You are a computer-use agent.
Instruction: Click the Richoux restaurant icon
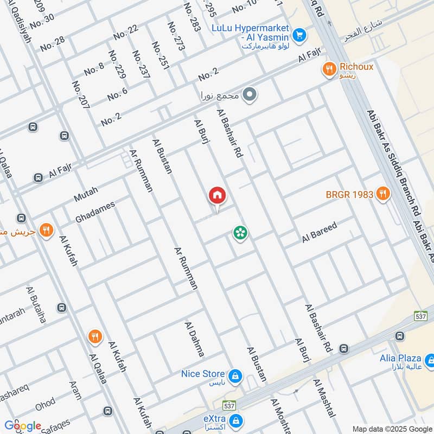tap(328, 69)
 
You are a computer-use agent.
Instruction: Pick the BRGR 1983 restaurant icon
tap(383, 193)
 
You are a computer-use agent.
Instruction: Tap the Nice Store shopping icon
tap(235, 375)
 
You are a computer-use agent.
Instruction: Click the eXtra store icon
tap(235, 420)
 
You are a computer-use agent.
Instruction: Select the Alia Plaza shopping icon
tap(430, 359)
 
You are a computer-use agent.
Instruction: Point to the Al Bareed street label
tap(320, 232)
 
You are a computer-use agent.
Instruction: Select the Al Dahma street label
tap(195, 339)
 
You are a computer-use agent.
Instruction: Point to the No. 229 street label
tap(117, 65)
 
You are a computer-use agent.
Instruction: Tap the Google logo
tap(22, 426)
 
